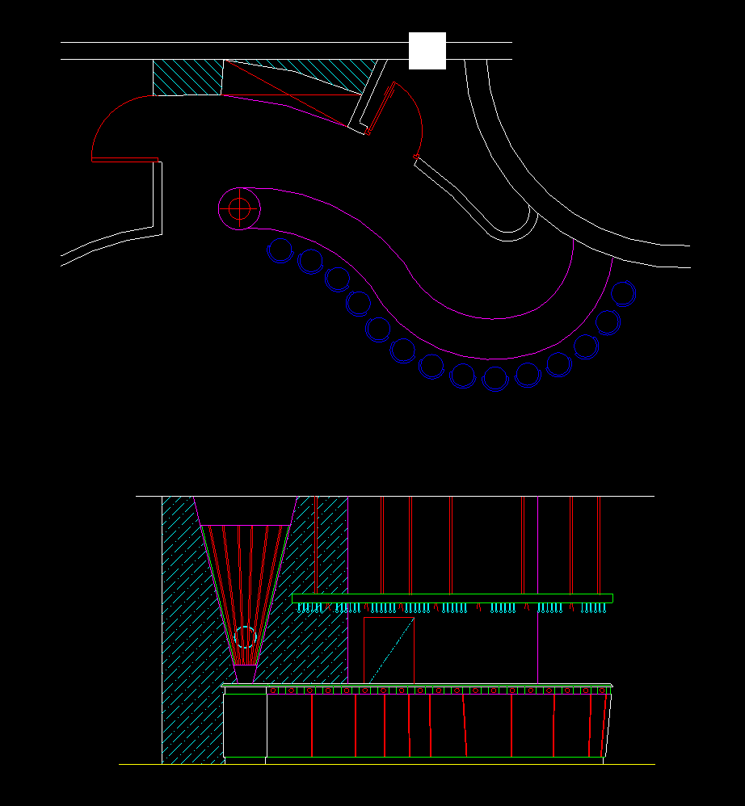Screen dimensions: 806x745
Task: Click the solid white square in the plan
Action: coord(427,51)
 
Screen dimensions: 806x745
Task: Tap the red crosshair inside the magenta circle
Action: coord(239,208)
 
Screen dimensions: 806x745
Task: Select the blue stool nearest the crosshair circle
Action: coord(280,250)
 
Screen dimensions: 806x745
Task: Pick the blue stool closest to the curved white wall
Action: coord(623,292)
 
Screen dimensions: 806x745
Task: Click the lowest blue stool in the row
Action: coord(495,378)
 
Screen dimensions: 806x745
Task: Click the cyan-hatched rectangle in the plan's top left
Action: coord(187,78)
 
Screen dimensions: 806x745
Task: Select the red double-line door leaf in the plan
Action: coord(381,108)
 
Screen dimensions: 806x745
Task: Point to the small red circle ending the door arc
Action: coord(416,157)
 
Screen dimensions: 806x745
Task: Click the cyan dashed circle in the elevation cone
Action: coord(245,637)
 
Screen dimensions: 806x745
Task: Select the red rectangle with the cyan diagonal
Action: coord(389,650)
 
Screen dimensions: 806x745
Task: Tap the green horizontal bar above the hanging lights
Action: coord(452,598)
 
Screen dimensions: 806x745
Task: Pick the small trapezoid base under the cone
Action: coord(245,673)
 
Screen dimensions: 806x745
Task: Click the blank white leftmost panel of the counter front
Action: coord(245,725)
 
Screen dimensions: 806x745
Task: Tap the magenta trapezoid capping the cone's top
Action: coord(246,510)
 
